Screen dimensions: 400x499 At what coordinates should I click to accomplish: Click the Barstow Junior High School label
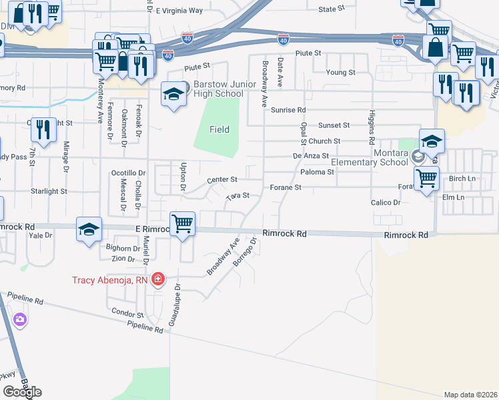point(218,89)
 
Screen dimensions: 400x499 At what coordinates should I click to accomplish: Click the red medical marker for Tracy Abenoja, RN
point(158,279)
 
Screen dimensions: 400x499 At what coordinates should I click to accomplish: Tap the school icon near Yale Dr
point(89,230)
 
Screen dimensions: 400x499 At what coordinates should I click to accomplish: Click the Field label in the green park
point(219,129)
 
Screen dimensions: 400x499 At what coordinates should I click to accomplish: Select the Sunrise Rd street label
point(289,109)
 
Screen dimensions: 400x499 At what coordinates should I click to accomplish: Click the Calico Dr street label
point(386,202)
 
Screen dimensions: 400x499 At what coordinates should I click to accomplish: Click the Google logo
point(22,392)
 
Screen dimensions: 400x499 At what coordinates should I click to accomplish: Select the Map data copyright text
point(470,395)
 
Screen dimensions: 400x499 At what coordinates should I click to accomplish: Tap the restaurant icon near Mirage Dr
point(44,131)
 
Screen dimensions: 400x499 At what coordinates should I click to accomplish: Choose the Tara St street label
point(237,196)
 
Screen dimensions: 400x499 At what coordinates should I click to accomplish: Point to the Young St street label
point(340,72)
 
